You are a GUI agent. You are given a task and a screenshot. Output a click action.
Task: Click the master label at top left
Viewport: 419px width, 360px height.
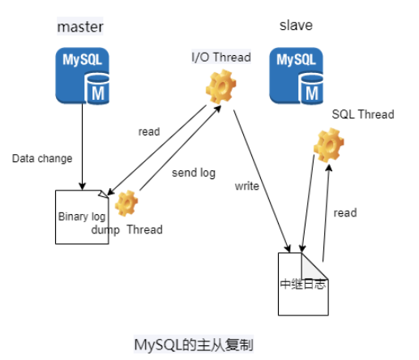click(80, 28)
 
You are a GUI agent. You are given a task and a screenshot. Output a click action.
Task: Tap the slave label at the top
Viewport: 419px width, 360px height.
click(296, 26)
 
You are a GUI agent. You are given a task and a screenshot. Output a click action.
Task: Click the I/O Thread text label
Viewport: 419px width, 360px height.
click(220, 57)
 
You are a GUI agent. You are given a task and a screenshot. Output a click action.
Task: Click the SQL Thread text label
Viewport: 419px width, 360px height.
click(362, 114)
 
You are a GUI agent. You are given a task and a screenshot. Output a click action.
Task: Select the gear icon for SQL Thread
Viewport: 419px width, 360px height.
click(328, 144)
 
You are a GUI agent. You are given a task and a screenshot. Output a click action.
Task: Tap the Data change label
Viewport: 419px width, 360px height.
click(41, 158)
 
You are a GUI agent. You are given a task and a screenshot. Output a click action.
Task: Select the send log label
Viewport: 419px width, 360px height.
click(193, 173)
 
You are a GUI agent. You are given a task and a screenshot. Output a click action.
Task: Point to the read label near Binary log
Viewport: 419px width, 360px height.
click(149, 131)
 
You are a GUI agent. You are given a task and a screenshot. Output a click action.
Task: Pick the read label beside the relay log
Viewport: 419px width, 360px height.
click(345, 213)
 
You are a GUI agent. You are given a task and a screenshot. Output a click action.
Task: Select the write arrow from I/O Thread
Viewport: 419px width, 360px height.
click(261, 174)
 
